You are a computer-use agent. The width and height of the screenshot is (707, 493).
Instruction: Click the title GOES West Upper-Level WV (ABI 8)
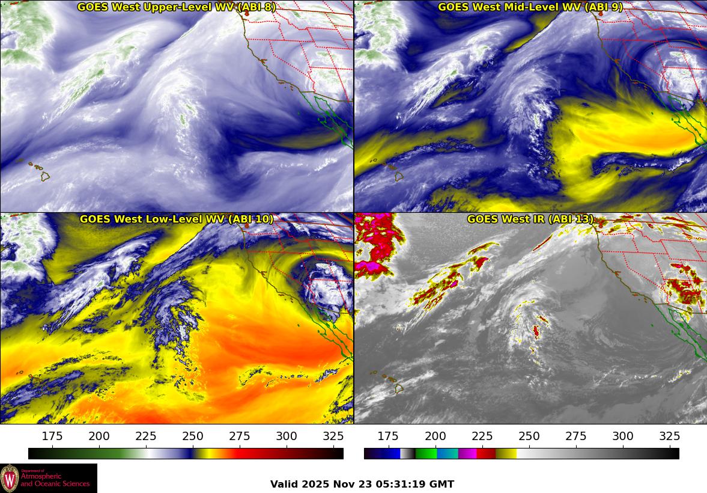click(x=177, y=7)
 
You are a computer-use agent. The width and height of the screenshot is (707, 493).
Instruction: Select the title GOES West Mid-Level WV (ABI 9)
click(x=530, y=7)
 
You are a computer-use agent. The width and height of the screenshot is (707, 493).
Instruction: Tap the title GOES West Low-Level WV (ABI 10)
click(x=177, y=219)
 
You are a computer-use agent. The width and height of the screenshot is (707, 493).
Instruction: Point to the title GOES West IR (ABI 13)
click(x=530, y=219)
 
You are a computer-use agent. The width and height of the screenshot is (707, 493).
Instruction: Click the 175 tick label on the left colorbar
click(x=53, y=436)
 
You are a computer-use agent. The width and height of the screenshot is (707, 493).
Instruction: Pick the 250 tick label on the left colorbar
click(x=193, y=436)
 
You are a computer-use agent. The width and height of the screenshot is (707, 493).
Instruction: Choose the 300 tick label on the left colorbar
click(x=287, y=436)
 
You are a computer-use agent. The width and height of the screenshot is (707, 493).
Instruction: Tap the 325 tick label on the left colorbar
click(x=333, y=436)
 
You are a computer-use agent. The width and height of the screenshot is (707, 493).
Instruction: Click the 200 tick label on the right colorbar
click(x=435, y=436)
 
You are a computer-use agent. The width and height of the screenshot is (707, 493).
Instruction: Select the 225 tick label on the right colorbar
click(x=482, y=436)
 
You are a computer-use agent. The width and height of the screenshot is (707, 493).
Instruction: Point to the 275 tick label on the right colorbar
click(x=576, y=436)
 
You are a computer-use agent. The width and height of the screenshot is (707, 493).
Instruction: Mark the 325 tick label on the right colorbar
click(x=670, y=436)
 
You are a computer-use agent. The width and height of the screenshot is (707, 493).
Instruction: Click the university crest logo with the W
click(x=10, y=478)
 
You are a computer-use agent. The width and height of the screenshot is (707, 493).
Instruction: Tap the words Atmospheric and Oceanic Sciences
click(x=55, y=480)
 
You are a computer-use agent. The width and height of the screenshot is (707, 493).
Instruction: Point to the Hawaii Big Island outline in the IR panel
click(x=398, y=388)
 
